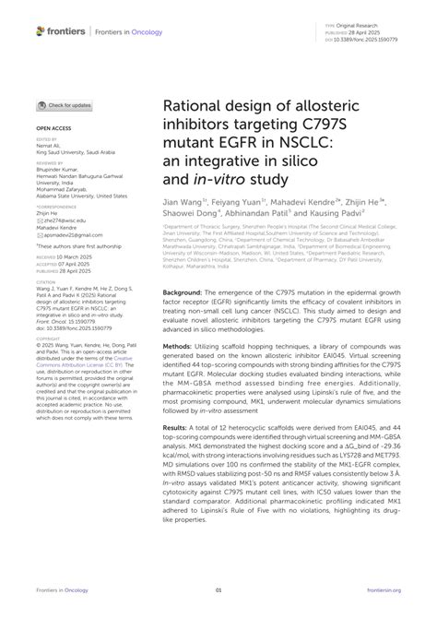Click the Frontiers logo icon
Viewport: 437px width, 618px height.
41,30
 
